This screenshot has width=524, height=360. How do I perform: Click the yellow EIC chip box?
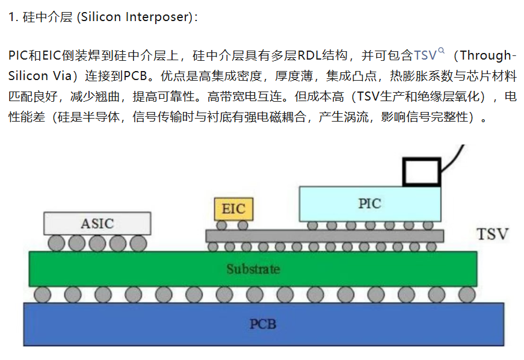[233, 209]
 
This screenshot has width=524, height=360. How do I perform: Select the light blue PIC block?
[370, 204]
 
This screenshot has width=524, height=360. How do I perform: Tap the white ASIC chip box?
[97, 223]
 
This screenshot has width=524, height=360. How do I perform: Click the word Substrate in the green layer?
[253, 269]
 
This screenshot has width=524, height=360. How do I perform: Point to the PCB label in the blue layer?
[263, 324]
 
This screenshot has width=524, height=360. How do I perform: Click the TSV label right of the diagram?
[492, 234]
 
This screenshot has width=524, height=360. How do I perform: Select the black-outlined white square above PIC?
[422, 172]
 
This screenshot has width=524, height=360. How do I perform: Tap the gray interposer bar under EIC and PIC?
[324, 236]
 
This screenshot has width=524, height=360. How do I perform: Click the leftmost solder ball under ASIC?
[56, 243]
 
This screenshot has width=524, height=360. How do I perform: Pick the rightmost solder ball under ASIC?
[138, 243]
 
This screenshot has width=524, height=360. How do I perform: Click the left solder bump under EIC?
[221, 225]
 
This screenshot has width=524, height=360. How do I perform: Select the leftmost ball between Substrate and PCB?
[43, 295]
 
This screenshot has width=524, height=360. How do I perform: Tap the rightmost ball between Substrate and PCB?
[467, 295]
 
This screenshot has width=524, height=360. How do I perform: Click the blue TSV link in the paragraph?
[425, 55]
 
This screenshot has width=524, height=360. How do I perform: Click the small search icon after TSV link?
[441, 51]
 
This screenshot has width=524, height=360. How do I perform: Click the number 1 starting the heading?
[12, 17]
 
